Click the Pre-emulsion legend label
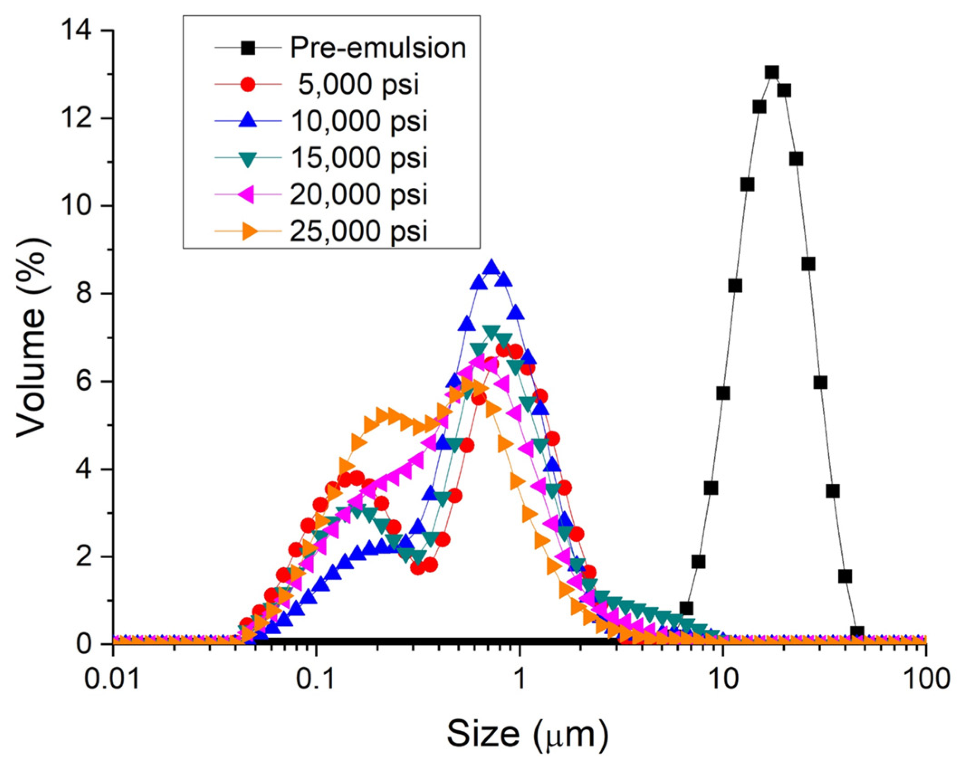point(378,48)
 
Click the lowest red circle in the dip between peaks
point(418,568)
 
